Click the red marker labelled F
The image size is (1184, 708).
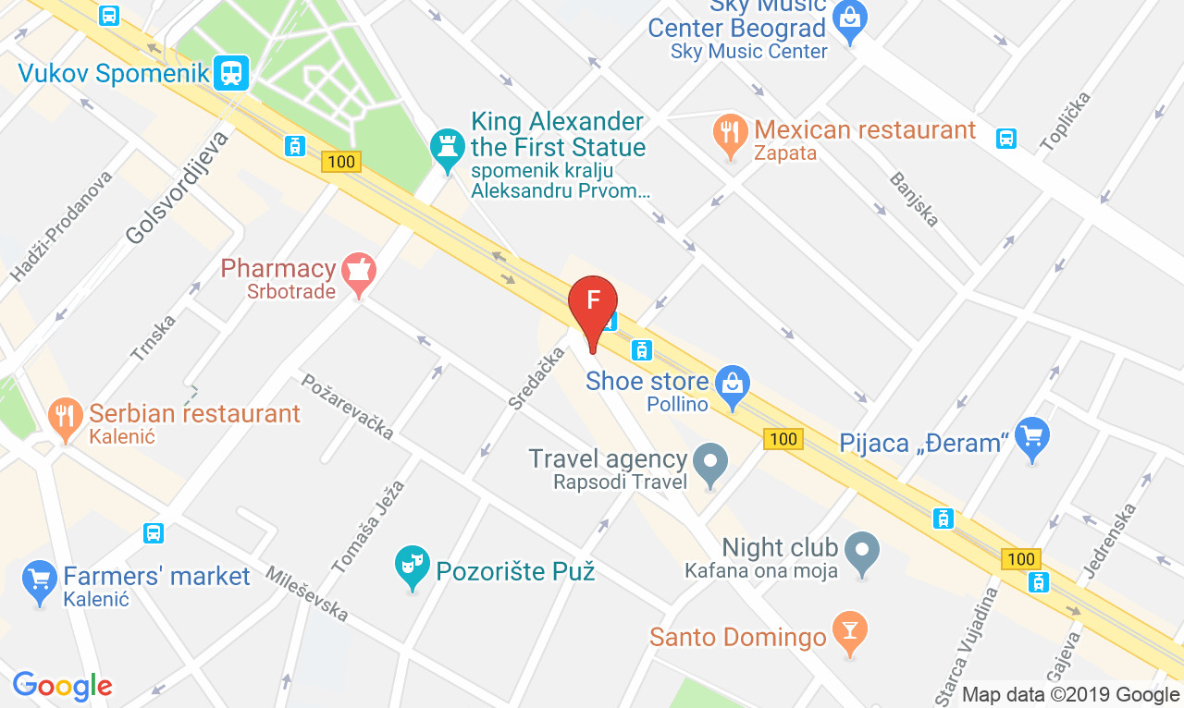click(x=592, y=303)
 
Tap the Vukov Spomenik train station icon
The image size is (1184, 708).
click(x=230, y=72)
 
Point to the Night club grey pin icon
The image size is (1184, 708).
click(x=862, y=549)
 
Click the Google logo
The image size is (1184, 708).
click(x=62, y=686)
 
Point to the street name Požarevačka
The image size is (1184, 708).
click(x=347, y=406)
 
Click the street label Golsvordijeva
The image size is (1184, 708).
click(x=177, y=188)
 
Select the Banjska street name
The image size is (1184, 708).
click(x=914, y=199)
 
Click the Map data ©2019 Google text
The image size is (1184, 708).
click(x=1070, y=694)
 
